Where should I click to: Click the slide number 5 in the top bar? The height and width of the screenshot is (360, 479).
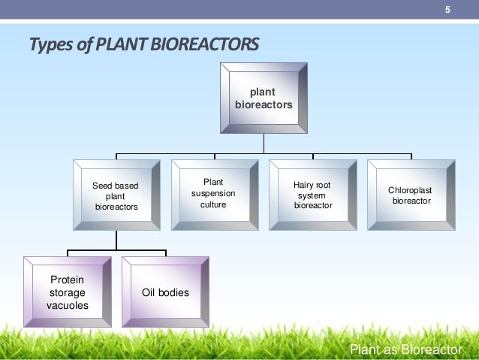(x=447, y=10)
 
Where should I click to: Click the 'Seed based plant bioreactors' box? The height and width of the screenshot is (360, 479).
(x=116, y=195)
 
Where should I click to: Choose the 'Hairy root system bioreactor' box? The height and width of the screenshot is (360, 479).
(x=312, y=195)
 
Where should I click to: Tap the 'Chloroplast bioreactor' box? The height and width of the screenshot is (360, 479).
(x=410, y=195)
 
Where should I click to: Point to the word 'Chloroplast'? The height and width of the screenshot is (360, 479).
(x=410, y=190)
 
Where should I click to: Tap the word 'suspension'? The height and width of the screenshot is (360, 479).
(x=213, y=194)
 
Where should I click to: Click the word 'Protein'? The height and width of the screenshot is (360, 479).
(x=66, y=280)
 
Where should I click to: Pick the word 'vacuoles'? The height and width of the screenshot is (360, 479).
(x=67, y=305)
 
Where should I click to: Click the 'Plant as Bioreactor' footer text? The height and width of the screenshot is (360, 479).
(x=406, y=349)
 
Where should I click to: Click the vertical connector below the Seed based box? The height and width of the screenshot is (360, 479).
(x=116, y=240)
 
